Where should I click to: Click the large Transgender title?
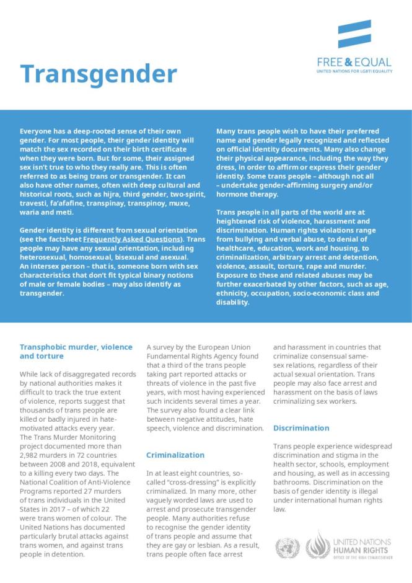tap(99, 74)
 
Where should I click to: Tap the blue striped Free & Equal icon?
tap(354, 34)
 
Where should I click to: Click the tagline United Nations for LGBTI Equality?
tap(354, 72)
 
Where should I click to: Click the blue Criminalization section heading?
tap(175, 455)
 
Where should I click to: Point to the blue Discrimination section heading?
tap(301, 429)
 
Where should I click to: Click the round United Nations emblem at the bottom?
tap(287, 548)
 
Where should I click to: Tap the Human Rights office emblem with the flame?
tap(318, 546)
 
